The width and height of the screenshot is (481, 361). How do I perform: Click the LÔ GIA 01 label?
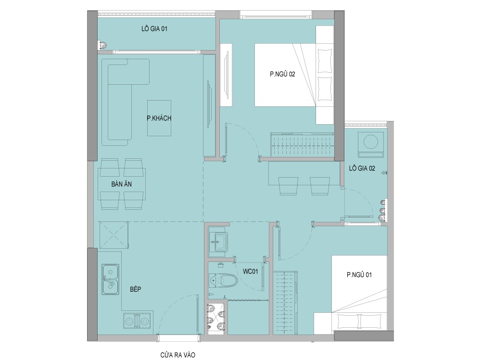(x=154, y=29)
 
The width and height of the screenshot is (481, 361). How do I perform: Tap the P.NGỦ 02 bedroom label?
(x=282, y=74)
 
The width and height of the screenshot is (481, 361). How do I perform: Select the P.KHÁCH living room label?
(x=159, y=118)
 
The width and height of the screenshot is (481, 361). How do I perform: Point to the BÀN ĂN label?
(x=122, y=184)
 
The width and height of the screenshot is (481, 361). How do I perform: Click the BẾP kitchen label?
(x=135, y=289)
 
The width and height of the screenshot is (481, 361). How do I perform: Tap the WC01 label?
(x=250, y=271)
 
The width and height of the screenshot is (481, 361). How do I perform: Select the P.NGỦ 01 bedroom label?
(x=359, y=275)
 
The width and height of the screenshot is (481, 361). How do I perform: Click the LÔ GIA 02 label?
(x=362, y=168)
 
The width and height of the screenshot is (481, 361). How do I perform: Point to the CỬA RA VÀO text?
(x=177, y=355)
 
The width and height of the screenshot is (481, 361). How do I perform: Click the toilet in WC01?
(x=223, y=280)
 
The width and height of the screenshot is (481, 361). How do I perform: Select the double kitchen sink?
(x=111, y=279)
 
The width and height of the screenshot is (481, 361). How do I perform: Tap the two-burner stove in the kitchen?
(x=137, y=321)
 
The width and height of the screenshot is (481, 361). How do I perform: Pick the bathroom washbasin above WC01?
(x=218, y=242)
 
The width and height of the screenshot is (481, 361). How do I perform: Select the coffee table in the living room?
(x=159, y=118)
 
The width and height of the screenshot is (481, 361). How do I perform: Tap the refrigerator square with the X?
(x=114, y=234)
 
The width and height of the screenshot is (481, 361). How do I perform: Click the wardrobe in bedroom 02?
(x=302, y=144)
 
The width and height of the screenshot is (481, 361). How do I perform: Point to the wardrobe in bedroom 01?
(x=285, y=303)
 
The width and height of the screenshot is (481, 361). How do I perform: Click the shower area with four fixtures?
(x=217, y=319)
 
